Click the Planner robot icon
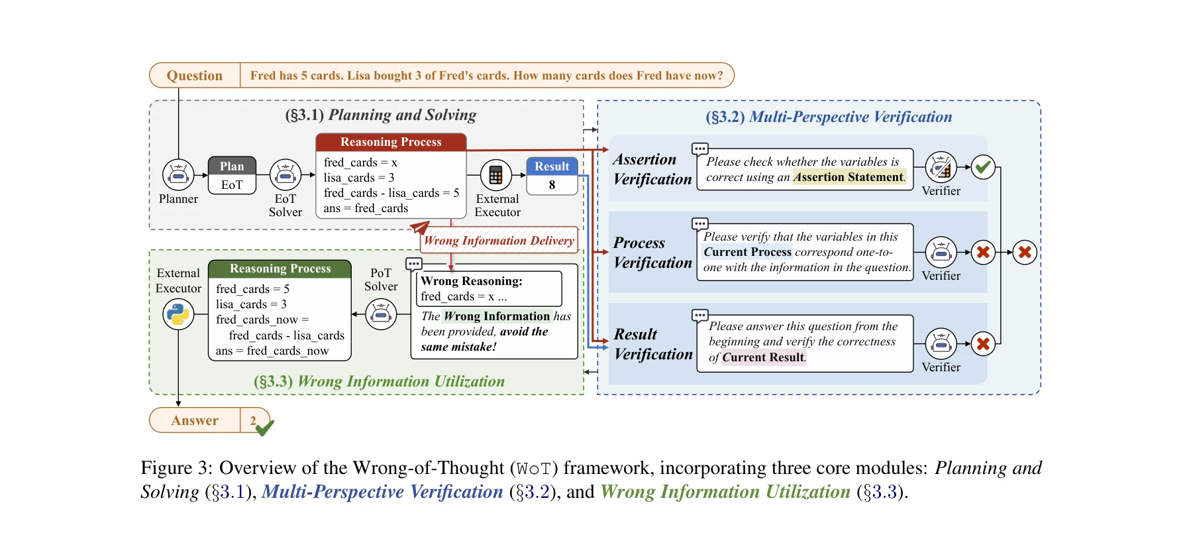(x=178, y=175)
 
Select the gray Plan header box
(x=232, y=166)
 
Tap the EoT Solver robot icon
(x=285, y=175)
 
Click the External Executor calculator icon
(x=495, y=175)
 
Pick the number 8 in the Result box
(x=552, y=185)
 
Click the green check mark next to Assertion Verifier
(x=983, y=166)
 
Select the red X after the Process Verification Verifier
(x=983, y=252)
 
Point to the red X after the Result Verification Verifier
(x=983, y=343)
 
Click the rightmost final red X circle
(x=1025, y=252)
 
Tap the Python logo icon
(x=178, y=314)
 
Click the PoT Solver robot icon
(x=381, y=314)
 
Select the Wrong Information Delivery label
(x=499, y=241)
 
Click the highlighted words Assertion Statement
(x=849, y=177)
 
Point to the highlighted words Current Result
(x=763, y=357)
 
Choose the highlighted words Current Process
(x=747, y=252)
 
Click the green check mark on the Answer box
(x=264, y=428)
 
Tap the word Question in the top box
(x=195, y=76)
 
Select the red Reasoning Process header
(x=391, y=142)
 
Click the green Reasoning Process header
(x=280, y=268)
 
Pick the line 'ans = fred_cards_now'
(x=272, y=351)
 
